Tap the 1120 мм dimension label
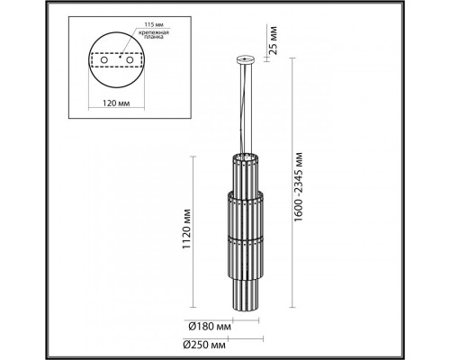(x=185, y=230)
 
